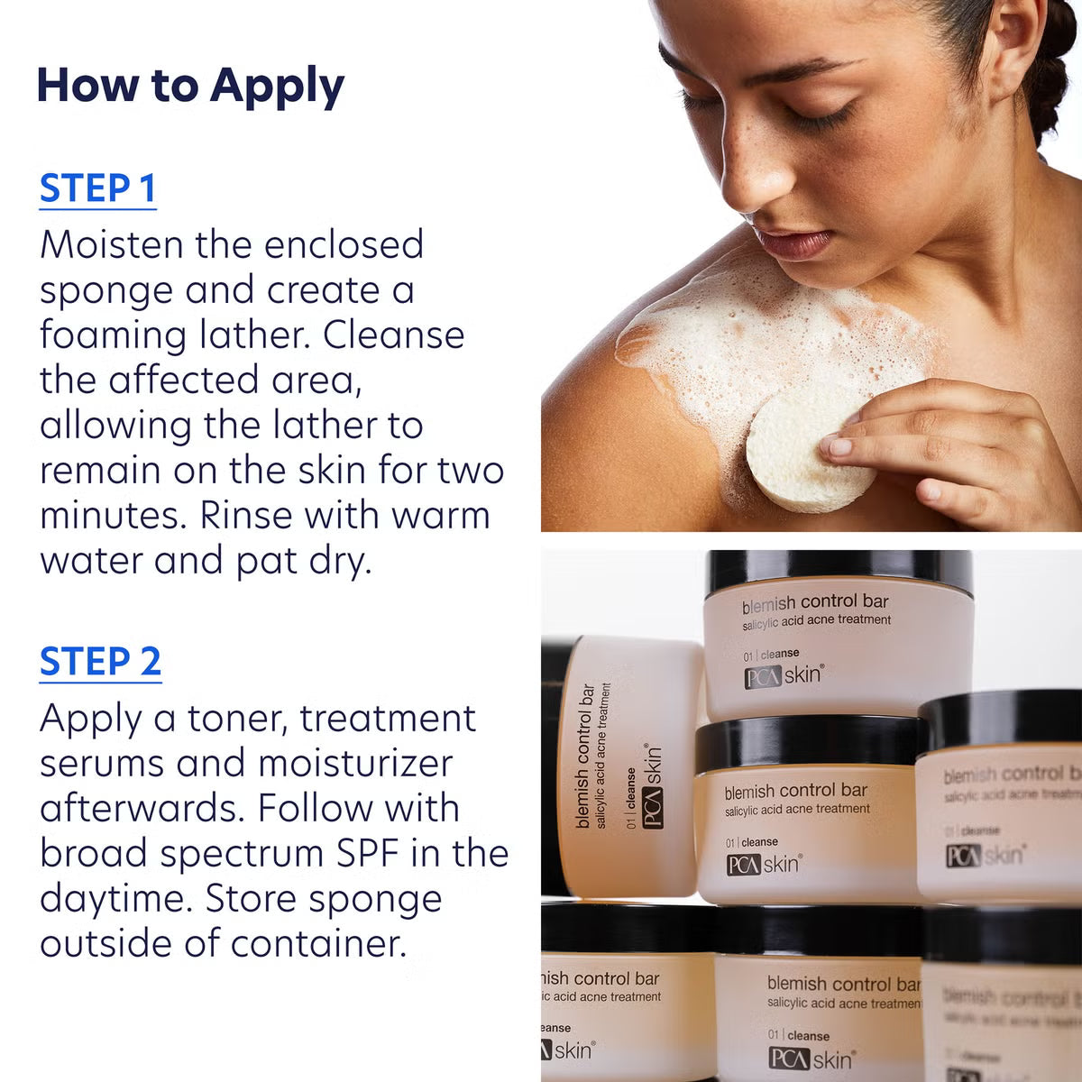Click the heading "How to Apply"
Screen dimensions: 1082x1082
coord(190,86)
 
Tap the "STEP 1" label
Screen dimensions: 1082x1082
coord(97,188)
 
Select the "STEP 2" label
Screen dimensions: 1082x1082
coord(100,662)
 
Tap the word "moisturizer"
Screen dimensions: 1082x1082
coord(355,764)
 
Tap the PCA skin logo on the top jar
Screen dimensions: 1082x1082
coord(783,675)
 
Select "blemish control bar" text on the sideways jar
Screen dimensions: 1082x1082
coord(585,756)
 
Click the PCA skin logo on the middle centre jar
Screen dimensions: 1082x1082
coord(763,865)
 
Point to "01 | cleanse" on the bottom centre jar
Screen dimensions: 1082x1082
coord(799,1035)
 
